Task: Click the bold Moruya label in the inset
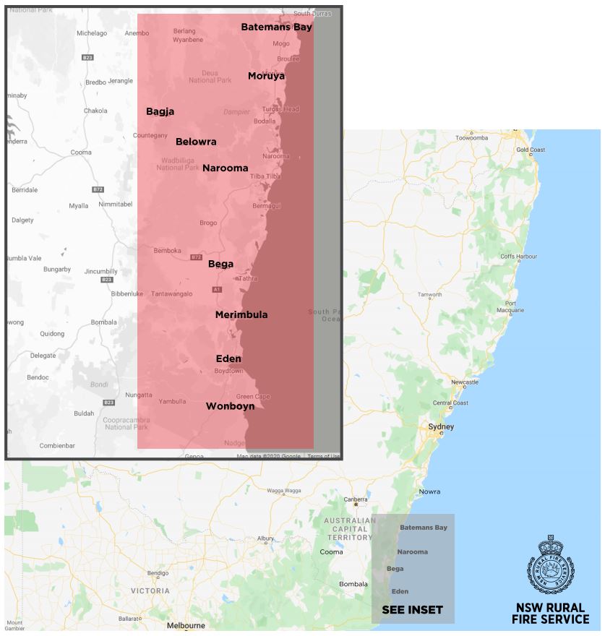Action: point(266,76)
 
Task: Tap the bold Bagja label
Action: point(160,111)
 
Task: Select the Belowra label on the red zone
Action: point(196,142)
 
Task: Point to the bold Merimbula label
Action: point(241,314)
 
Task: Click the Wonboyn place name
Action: point(230,406)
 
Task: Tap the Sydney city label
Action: point(441,426)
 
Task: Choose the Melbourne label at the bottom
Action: point(186,626)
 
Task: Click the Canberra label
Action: point(356,499)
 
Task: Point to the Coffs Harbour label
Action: point(518,257)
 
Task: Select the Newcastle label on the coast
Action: point(464,382)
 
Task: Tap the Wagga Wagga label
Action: point(283,491)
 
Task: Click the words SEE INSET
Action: point(412,610)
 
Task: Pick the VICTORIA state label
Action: point(150,590)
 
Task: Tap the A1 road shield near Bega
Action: point(217,290)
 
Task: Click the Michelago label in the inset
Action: point(92,33)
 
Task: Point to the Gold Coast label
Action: point(531,150)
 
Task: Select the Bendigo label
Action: point(158,573)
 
